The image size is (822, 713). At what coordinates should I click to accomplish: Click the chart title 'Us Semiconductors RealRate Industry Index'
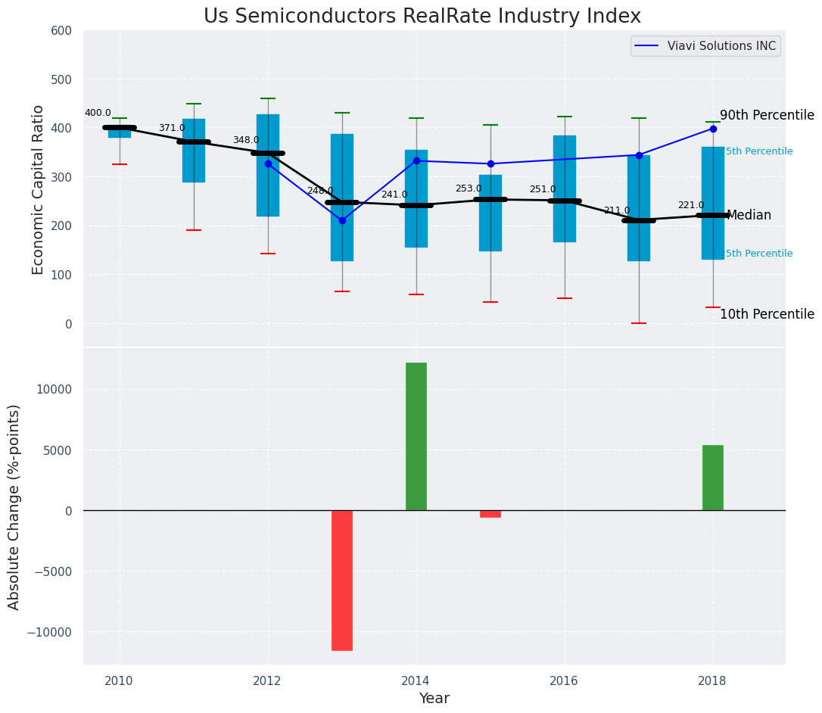tap(422, 17)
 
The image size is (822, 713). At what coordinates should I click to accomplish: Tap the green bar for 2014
tap(416, 436)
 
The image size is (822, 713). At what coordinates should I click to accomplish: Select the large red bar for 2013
tap(342, 580)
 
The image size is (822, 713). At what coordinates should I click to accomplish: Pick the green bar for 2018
tap(713, 478)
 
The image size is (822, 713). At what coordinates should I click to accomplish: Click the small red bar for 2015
tap(490, 514)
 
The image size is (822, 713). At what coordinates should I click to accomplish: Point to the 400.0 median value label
tap(98, 113)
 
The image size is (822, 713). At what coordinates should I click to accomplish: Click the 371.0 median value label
tap(172, 128)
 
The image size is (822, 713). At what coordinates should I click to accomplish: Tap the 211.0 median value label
tap(617, 210)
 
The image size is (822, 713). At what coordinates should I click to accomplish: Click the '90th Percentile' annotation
tap(767, 116)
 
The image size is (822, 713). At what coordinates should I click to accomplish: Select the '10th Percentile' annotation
tap(767, 315)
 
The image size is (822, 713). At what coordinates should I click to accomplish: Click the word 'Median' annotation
tap(749, 216)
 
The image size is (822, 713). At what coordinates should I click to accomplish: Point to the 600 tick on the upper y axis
tap(61, 30)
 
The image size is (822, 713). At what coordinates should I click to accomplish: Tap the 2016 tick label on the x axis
tap(564, 680)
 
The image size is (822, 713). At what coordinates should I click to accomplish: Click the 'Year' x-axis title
tap(434, 699)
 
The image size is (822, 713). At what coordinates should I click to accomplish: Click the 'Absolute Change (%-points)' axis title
tap(14, 506)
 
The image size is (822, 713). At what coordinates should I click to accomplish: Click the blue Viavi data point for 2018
tap(713, 129)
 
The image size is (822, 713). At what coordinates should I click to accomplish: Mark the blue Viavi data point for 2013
tap(342, 220)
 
